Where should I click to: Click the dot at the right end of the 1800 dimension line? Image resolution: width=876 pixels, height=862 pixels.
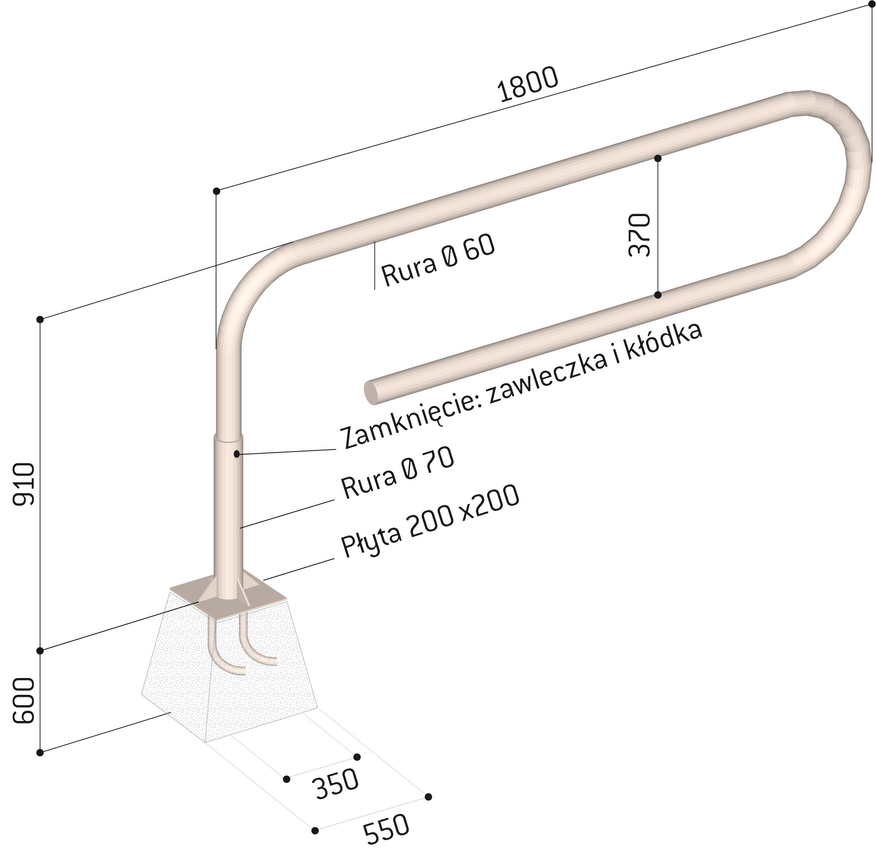[871, 4]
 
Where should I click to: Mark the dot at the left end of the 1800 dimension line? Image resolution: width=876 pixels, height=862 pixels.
[216, 191]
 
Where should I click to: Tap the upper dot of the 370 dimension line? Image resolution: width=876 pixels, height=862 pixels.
[658, 159]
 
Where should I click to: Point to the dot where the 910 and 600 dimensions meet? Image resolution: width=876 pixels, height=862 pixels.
[41, 650]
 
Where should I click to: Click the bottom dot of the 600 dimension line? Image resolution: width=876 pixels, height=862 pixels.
[41, 752]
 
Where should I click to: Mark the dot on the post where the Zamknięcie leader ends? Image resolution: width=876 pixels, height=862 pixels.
[237, 454]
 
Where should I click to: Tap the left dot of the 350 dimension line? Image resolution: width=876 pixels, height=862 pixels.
[286, 779]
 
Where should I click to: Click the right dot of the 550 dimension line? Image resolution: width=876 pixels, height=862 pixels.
[428, 797]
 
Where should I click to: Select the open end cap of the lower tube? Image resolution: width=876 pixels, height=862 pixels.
[371, 392]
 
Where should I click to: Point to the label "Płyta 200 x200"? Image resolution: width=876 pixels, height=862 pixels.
[430, 521]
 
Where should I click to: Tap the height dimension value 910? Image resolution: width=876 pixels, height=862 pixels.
[24, 484]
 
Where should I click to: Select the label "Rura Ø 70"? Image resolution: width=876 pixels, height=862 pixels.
[398, 473]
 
